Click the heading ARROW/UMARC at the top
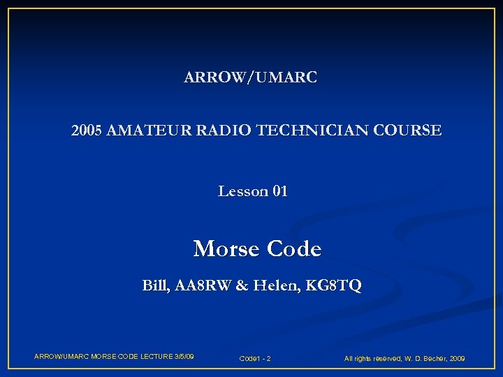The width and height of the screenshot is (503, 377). [x=250, y=77]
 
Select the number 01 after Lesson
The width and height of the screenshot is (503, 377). [x=279, y=191]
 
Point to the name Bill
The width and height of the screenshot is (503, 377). [x=154, y=286]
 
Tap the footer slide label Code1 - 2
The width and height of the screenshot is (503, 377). [x=255, y=359]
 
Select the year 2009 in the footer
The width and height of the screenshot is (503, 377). [x=458, y=359]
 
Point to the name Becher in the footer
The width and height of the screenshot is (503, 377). [x=432, y=359]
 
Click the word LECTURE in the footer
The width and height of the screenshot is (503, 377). [x=150, y=357]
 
